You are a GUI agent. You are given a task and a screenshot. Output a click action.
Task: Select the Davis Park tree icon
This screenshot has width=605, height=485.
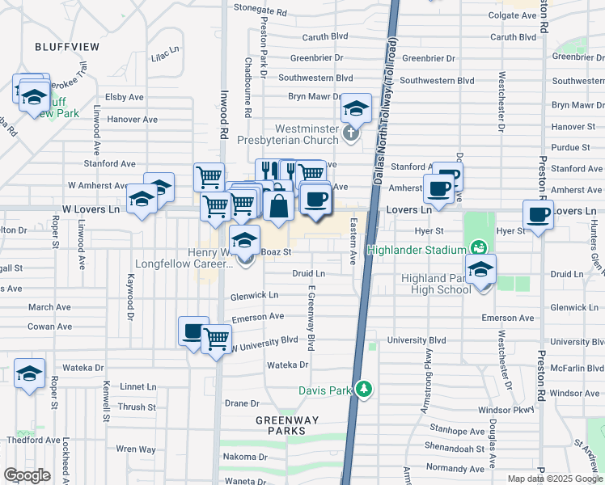(x=365, y=390)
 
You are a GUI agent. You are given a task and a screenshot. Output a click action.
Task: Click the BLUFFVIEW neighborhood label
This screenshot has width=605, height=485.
(x=67, y=47)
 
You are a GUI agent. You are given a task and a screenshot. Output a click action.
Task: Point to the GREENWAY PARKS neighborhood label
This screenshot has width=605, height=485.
(x=287, y=425)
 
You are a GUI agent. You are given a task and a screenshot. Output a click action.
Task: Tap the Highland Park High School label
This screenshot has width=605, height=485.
(x=436, y=284)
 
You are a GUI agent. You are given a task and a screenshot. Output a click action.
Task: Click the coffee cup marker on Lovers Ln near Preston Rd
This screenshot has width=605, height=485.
(x=538, y=215)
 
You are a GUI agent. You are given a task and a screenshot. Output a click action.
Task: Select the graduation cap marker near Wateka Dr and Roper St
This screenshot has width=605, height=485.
(x=30, y=373)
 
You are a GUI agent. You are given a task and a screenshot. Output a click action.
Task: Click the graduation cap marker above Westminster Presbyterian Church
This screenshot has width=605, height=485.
(x=355, y=108)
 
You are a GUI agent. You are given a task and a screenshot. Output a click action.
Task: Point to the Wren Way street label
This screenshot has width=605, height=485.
(x=136, y=449)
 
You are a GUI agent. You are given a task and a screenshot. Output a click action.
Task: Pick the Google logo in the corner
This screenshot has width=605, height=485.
(x=27, y=475)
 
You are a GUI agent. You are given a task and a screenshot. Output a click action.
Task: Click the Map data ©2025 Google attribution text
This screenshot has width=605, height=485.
(x=555, y=479)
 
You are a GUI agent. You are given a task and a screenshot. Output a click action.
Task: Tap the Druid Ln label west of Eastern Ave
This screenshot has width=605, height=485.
(x=308, y=274)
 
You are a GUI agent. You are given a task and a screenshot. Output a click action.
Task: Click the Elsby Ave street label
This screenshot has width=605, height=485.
(x=125, y=97)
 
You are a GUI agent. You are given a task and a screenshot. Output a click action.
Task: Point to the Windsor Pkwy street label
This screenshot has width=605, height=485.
(x=507, y=410)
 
